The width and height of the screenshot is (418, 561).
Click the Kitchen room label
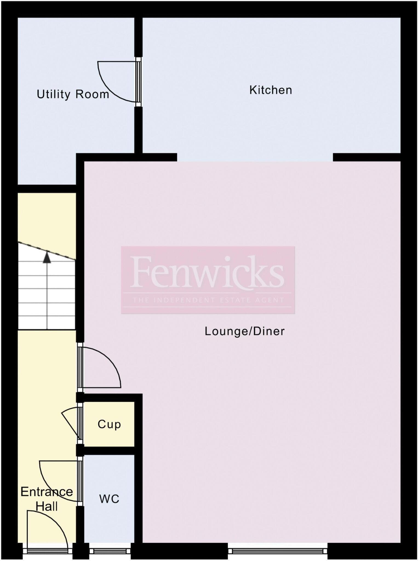coord(271,90)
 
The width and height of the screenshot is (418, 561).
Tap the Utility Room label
coord(73,95)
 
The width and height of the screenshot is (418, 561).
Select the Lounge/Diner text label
coord(245,331)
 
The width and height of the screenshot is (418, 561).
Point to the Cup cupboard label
coord(109,424)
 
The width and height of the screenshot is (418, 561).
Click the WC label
coord(109,499)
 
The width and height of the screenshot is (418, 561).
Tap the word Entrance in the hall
coord(47,492)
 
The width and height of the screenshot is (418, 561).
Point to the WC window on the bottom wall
coord(110,551)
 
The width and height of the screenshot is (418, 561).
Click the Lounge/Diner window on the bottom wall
coord(277,551)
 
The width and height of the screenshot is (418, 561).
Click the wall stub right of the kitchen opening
coord(367,157)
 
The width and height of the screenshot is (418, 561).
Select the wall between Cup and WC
coord(109,451)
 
